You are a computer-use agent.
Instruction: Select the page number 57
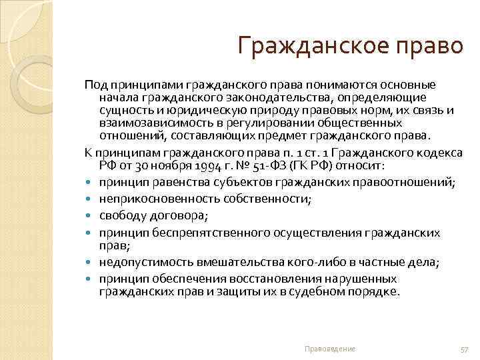coord(465,349)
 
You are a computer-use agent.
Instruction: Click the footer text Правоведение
coord(329,349)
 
